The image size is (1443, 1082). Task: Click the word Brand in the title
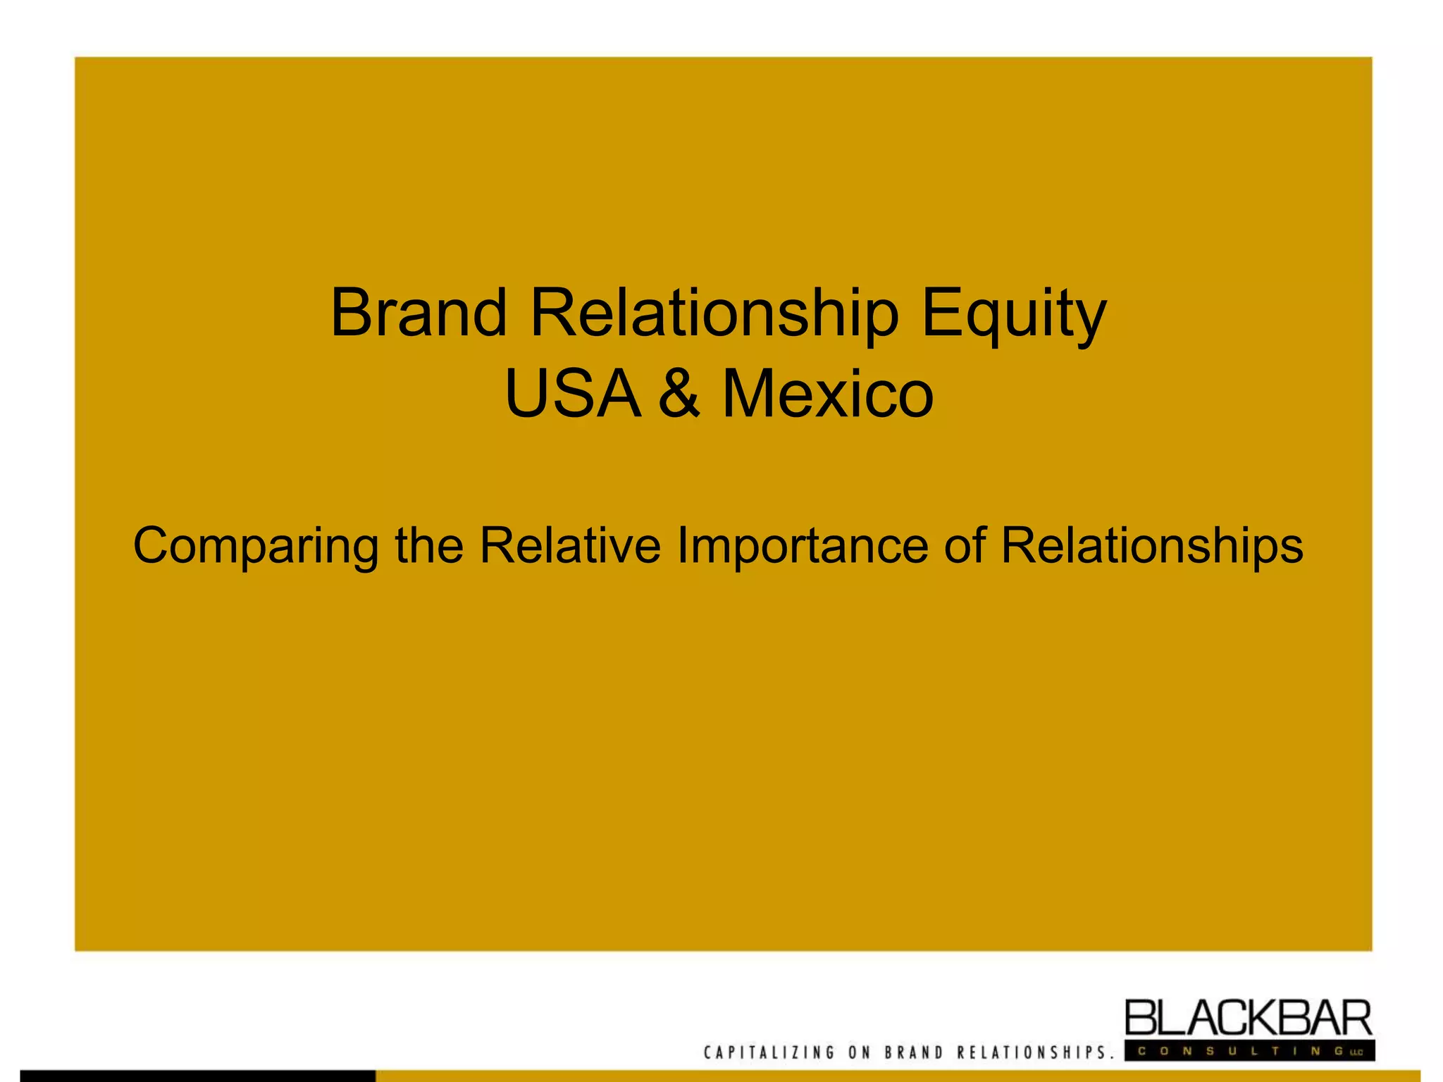click(419, 313)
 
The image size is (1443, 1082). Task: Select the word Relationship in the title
click(714, 314)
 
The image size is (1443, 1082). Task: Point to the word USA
click(573, 394)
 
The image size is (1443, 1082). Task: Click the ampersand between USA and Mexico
click(679, 394)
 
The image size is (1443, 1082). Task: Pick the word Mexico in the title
click(827, 394)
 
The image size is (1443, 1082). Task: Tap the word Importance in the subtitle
click(802, 547)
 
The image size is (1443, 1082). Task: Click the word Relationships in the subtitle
click(1151, 547)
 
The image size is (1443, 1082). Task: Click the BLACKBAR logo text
click(1248, 1019)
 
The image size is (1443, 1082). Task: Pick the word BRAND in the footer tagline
click(914, 1052)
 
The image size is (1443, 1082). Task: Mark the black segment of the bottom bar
click(197, 1076)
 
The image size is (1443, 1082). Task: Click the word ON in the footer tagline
click(860, 1052)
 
